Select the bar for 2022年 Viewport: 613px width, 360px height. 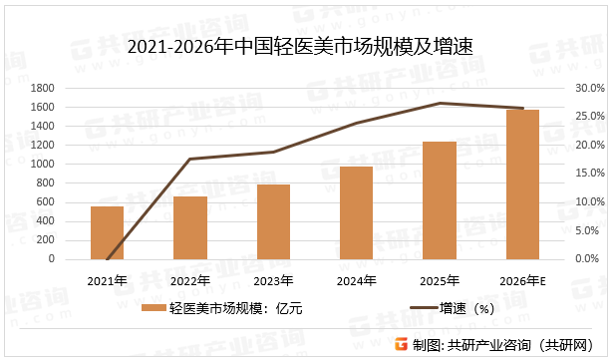[x=189, y=227]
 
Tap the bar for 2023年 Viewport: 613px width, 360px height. [x=273, y=221]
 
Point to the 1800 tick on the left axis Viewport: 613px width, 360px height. [x=42, y=89]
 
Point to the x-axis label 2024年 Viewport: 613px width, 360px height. [x=356, y=280]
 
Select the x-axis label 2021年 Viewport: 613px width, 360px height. [x=107, y=280]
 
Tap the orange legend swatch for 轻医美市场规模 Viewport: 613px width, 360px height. [x=153, y=308]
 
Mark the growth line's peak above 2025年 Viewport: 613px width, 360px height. [x=440, y=103]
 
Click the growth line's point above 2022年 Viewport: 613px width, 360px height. [x=189, y=159]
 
